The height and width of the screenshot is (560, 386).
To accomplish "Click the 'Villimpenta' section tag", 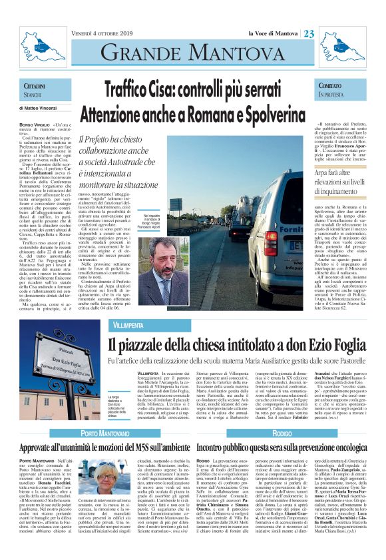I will (x=128, y=324).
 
